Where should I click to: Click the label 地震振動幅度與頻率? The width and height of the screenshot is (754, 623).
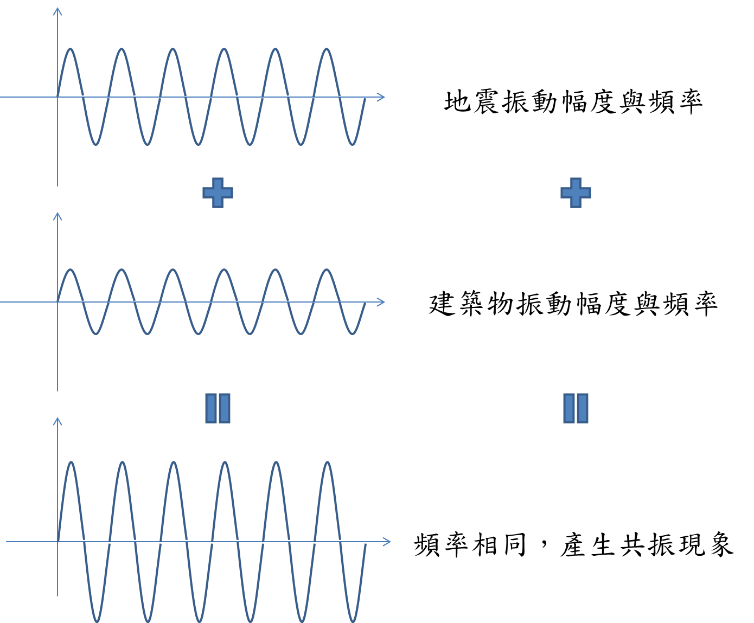point(573,101)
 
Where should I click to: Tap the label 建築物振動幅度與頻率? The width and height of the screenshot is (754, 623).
point(573,304)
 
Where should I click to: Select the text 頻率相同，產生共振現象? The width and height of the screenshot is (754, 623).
point(573,544)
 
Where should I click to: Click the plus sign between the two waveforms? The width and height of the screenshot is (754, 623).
point(218,192)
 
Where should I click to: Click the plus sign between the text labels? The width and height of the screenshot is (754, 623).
point(576,192)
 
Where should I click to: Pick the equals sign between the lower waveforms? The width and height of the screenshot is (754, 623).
point(218,408)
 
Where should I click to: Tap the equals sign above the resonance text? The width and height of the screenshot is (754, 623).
point(576,408)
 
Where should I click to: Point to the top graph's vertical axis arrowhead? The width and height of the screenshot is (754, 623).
point(57,11)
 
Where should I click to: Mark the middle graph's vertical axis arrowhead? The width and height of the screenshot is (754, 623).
point(57,216)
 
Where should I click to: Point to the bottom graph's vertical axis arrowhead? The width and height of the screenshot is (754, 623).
point(57,421)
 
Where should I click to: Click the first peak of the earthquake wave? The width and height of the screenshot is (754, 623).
point(71,49)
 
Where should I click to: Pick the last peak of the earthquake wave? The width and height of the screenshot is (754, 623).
point(327,49)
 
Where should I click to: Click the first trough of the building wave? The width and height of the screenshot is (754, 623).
point(96,333)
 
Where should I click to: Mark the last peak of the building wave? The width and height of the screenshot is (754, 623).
point(327,270)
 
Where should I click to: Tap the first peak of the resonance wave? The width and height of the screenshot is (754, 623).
point(71,463)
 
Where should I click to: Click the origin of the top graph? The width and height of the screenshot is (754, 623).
point(57,98)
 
